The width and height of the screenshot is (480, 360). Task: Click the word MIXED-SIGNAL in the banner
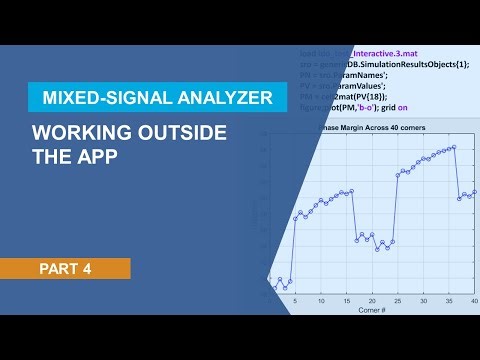click(97, 98)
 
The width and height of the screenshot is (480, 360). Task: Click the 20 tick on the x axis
click(398, 301)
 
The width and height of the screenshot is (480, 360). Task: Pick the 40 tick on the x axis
click(475, 301)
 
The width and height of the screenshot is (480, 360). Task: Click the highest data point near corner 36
click(455, 147)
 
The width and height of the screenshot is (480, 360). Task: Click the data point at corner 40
click(475, 192)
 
